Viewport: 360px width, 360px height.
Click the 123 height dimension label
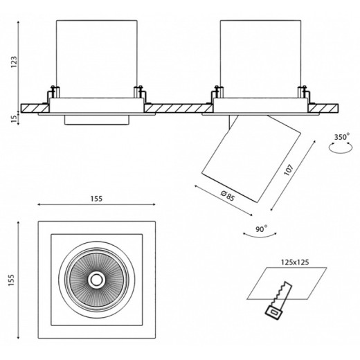point(14,62)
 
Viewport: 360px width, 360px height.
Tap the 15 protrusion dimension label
point(14,118)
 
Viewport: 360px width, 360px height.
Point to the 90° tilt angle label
point(261,229)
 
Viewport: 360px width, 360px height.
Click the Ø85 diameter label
point(228,196)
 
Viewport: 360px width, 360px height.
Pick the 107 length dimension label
point(289,170)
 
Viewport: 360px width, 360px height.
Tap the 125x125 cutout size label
point(295,262)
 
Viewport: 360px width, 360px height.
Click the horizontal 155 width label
point(96,199)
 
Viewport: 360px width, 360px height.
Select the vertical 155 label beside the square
point(11,280)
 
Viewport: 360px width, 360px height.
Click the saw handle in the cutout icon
point(274,312)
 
